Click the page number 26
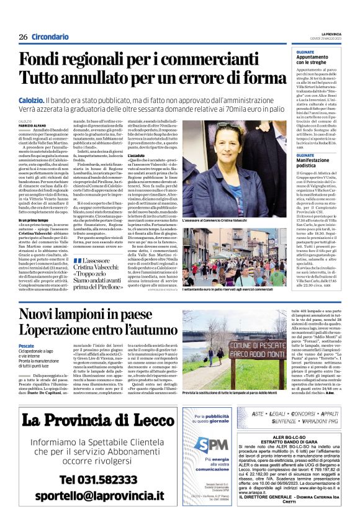coord(24,37)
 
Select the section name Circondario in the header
coord(50,37)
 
